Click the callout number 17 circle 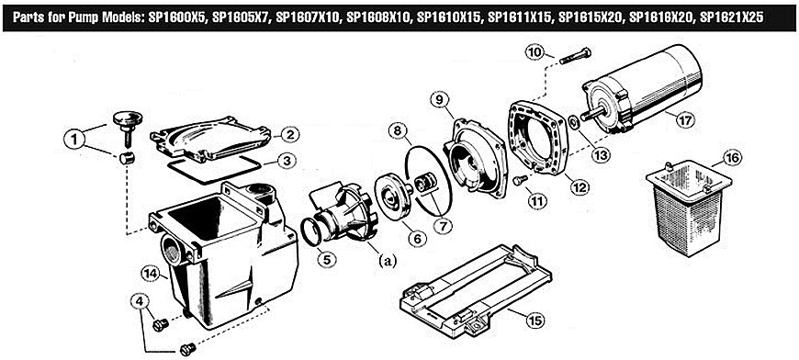[x=685, y=120]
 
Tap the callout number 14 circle [x=151, y=276]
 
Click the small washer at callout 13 [x=573, y=122]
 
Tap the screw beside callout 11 [x=519, y=180]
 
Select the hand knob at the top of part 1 [x=128, y=120]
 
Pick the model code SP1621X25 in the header [x=731, y=17]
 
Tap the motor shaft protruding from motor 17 [x=593, y=113]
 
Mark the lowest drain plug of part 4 [x=187, y=349]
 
